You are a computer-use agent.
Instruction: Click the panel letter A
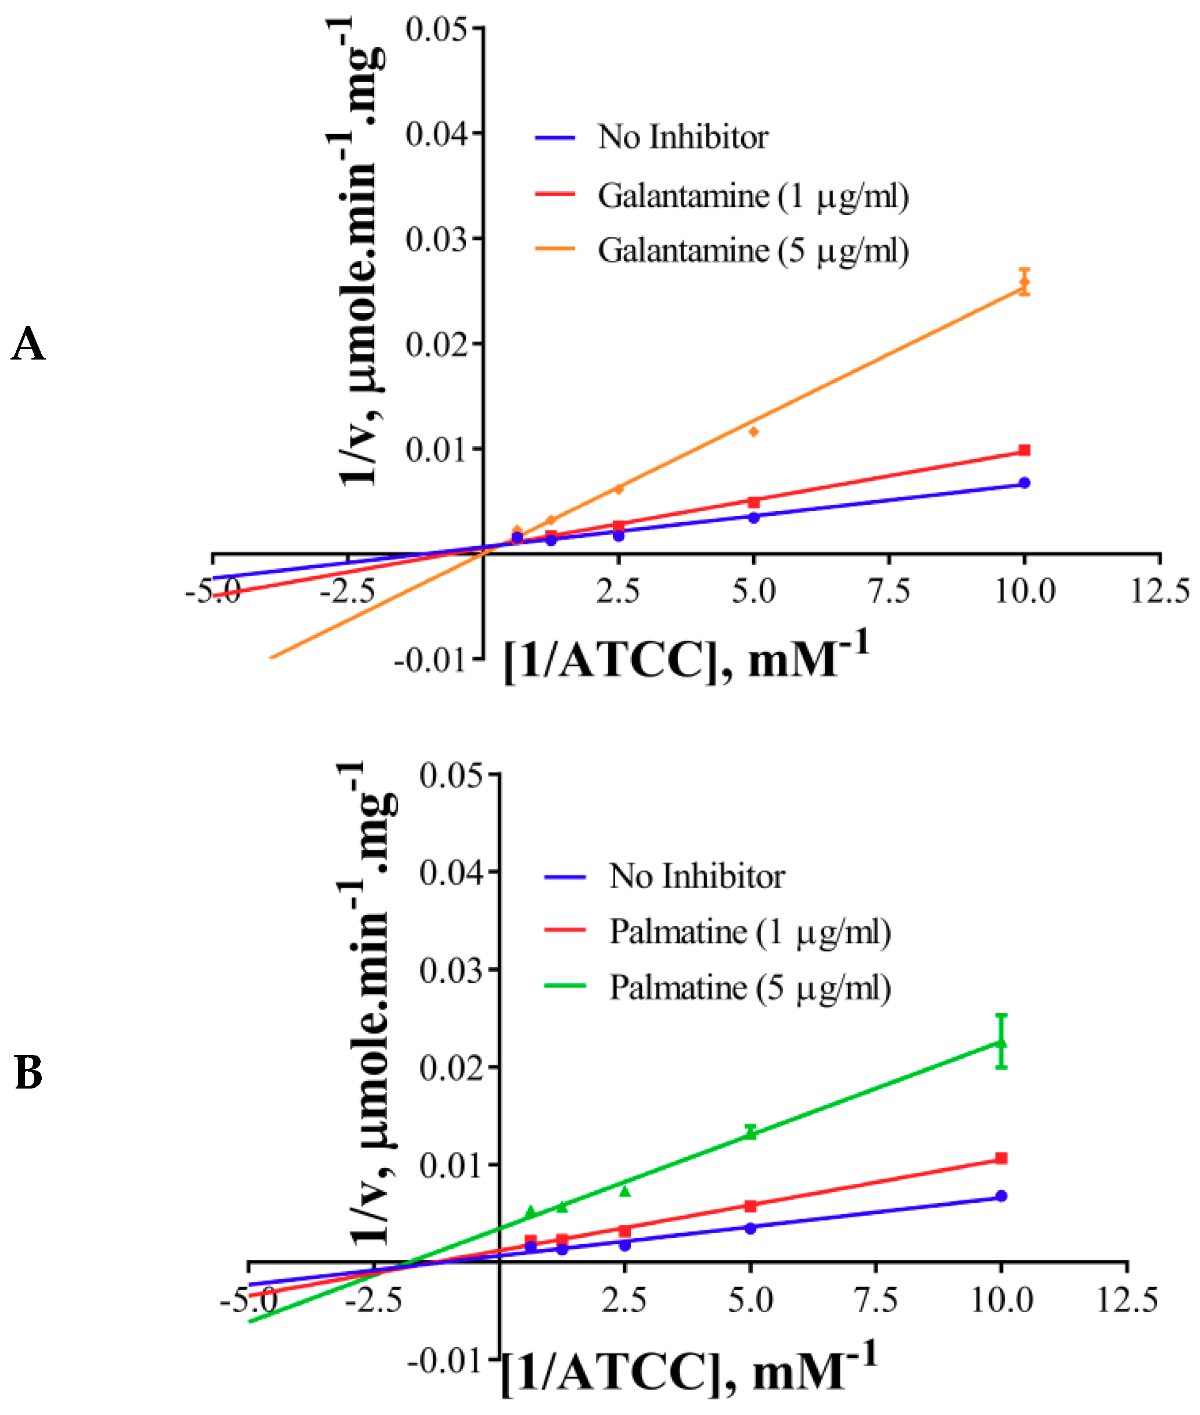click(x=28, y=344)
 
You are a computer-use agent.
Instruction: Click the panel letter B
click(x=28, y=1073)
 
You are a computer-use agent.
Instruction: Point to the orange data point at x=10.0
click(x=1024, y=282)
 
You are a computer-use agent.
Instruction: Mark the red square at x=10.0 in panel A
click(x=1024, y=450)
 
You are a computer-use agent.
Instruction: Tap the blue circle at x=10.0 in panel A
click(x=1024, y=483)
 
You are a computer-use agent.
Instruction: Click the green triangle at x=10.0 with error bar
click(x=1001, y=1043)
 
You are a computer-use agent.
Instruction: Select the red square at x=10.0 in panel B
click(x=1001, y=1158)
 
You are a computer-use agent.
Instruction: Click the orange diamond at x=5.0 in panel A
click(x=753, y=432)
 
